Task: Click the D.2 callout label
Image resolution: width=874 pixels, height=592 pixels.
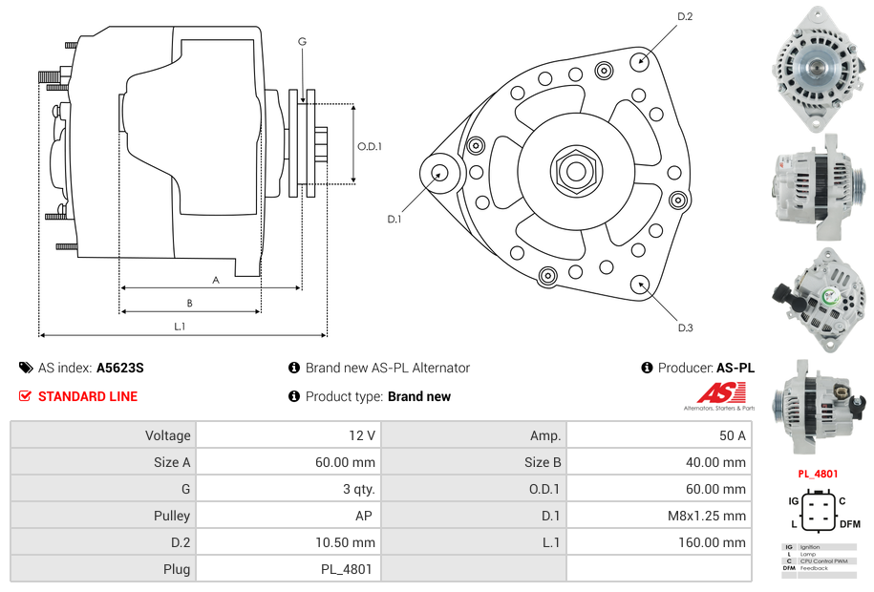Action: (x=685, y=16)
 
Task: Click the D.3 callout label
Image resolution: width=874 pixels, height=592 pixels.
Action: (x=685, y=328)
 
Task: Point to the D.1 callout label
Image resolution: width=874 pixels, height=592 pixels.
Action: (x=394, y=220)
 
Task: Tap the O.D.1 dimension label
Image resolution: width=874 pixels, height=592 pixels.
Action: (x=370, y=146)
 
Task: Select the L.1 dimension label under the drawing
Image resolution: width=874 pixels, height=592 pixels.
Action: (x=179, y=327)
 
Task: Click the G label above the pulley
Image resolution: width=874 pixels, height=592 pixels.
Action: (x=302, y=41)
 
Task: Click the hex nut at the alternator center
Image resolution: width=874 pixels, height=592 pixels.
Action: (x=575, y=171)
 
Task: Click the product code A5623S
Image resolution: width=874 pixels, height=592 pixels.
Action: (x=120, y=368)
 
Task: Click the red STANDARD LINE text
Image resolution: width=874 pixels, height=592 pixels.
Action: (x=88, y=396)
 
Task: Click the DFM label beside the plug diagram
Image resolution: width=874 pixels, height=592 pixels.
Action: (x=849, y=524)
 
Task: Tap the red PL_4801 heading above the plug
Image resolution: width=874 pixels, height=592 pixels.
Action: (x=818, y=474)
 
